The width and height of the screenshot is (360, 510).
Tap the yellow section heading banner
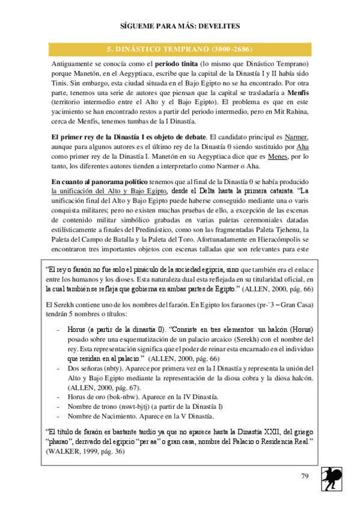coord(179,48)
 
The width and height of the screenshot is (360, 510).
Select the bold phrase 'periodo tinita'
coord(177,63)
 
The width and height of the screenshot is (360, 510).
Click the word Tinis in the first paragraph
coord(60,84)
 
